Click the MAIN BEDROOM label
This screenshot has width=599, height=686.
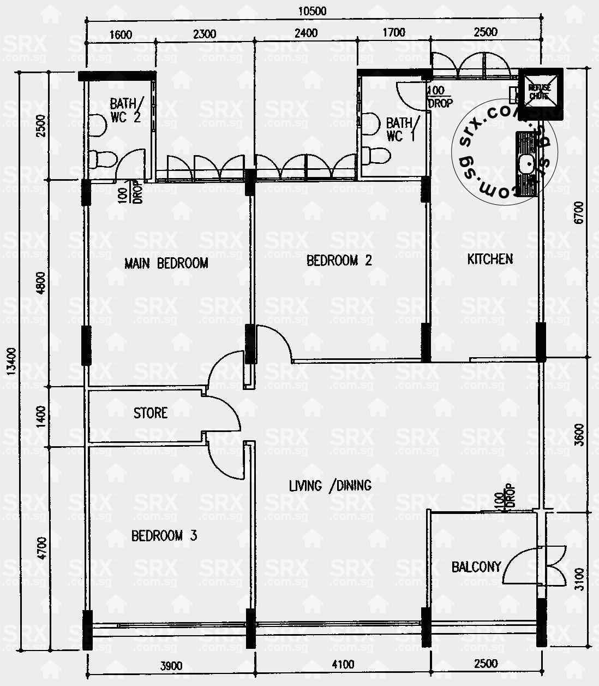point(166,263)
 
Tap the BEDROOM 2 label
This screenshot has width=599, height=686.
point(339,261)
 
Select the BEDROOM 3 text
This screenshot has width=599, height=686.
point(164,536)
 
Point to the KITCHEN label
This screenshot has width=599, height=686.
point(490,259)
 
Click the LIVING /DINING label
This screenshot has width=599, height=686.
point(330,485)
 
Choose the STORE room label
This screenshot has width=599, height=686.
point(151,413)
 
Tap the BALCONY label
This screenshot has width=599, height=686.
point(476,567)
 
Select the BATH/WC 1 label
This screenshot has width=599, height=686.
point(403,129)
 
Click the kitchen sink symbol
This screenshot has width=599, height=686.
point(527,163)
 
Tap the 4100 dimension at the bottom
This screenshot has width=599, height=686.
point(343,664)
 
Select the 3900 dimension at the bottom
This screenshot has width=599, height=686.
point(171,665)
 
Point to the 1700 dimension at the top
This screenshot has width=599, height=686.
point(393,33)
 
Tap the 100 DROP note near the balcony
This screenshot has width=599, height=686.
point(504,498)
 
